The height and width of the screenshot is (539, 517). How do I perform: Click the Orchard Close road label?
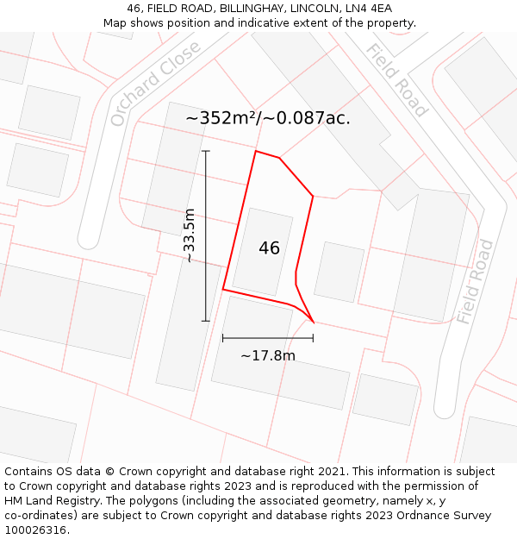pos(155,83)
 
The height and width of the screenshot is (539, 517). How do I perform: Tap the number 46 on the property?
pos(269,248)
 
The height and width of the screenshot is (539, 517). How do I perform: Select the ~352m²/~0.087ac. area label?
pos(268,118)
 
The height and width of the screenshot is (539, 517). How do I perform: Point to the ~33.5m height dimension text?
pos(190,235)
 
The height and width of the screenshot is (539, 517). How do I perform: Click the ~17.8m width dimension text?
pos(267,355)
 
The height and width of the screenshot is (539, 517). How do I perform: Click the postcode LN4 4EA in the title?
pos(369,9)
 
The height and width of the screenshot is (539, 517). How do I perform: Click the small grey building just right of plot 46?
pos(339,272)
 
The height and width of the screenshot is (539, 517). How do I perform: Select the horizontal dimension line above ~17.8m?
pos(267,338)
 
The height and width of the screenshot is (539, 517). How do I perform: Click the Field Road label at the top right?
pos(396,79)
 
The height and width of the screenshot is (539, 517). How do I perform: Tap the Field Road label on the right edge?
pos(475,281)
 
